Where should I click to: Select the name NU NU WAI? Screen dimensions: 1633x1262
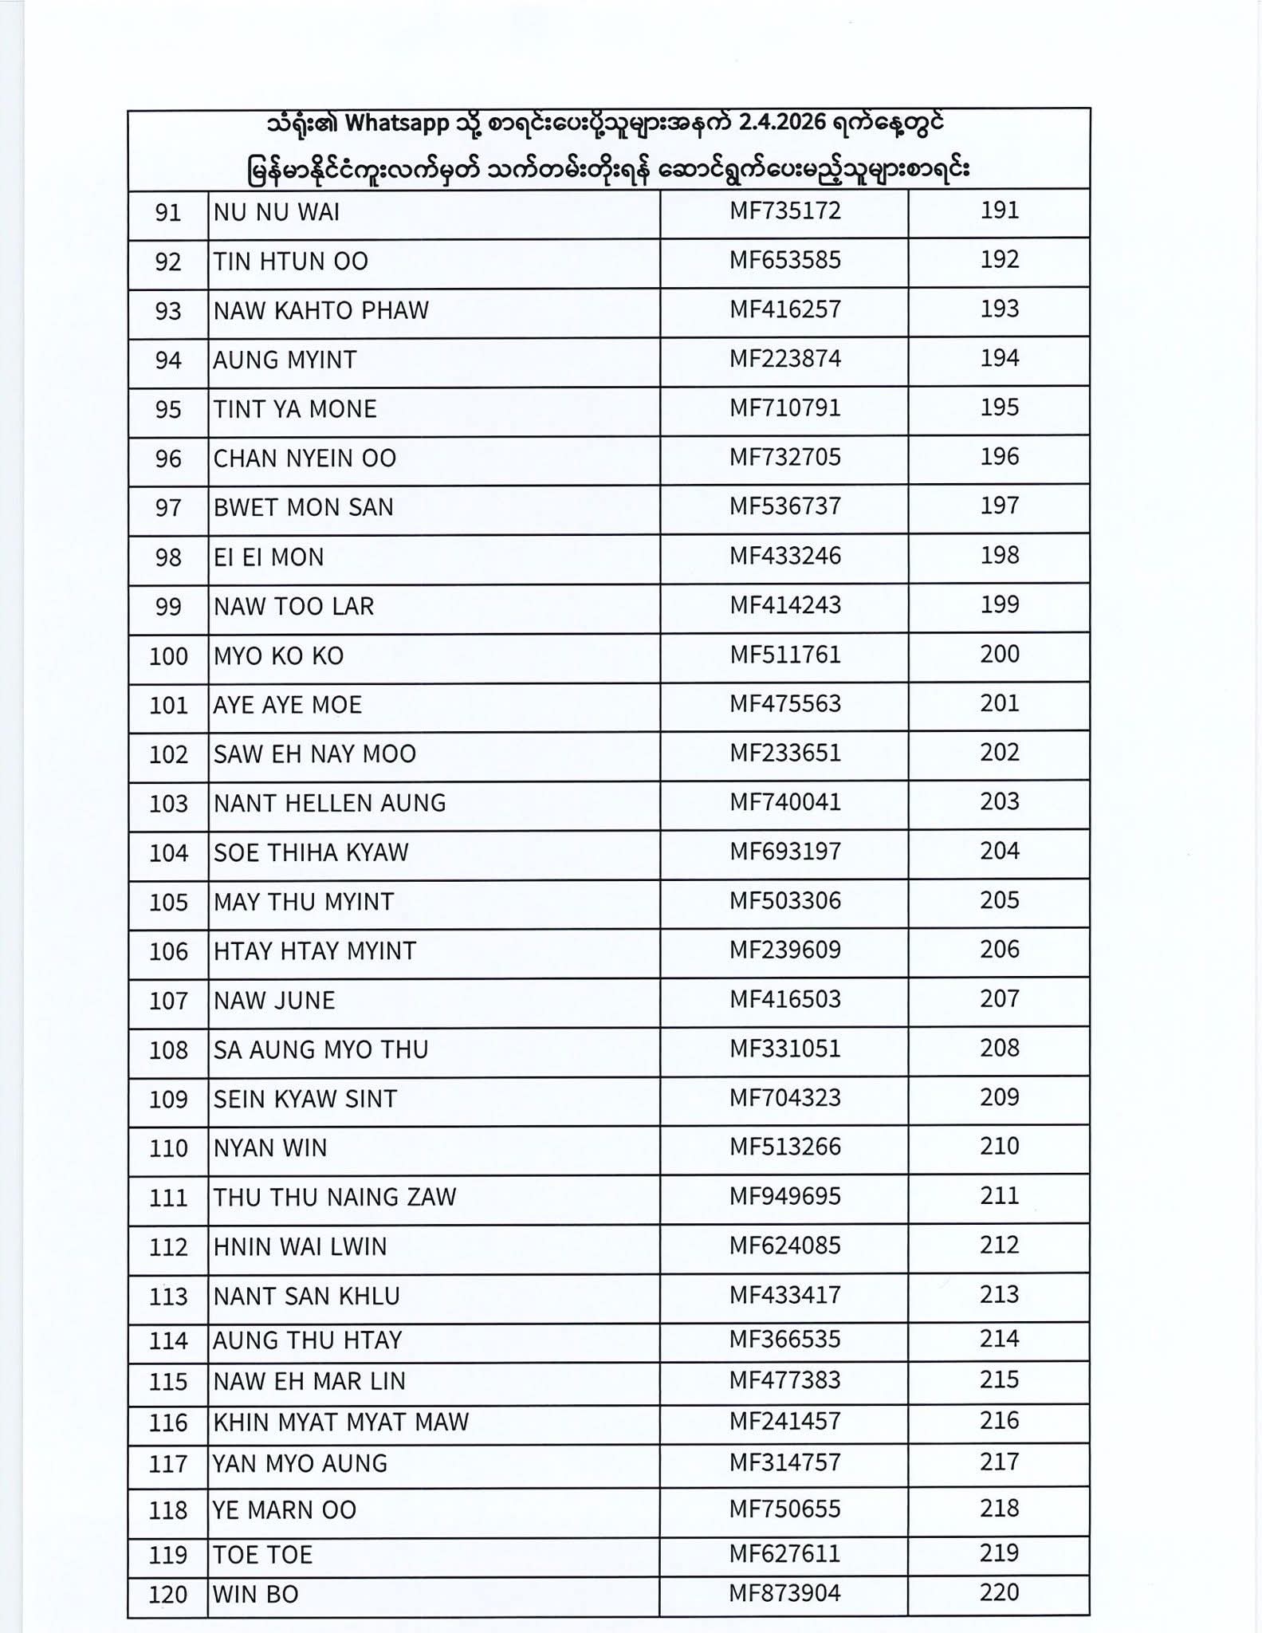point(276,212)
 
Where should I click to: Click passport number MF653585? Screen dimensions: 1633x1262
point(784,260)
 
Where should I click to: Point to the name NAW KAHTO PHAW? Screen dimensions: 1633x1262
point(320,310)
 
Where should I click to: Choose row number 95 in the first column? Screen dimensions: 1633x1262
point(168,410)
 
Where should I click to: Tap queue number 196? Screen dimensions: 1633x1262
point(999,457)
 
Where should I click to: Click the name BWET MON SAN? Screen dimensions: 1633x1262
point(303,508)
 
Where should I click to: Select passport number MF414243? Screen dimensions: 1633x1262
point(784,605)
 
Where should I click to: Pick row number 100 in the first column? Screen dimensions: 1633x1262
point(168,657)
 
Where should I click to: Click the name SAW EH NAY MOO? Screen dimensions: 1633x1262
point(314,754)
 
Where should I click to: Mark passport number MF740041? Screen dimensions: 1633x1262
point(784,801)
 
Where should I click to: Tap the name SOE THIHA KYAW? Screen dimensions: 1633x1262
point(310,852)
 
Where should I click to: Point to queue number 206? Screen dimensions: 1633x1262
point(999,950)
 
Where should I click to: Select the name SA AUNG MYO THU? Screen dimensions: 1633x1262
point(320,1050)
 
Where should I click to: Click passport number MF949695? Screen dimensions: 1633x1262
point(784,1196)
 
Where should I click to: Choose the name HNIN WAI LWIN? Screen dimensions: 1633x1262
point(300,1247)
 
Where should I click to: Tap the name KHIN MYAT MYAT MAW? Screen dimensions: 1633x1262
point(340,1422)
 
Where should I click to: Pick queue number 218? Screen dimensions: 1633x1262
point(999,1509)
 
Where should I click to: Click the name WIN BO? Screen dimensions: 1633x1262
point(255,1595)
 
